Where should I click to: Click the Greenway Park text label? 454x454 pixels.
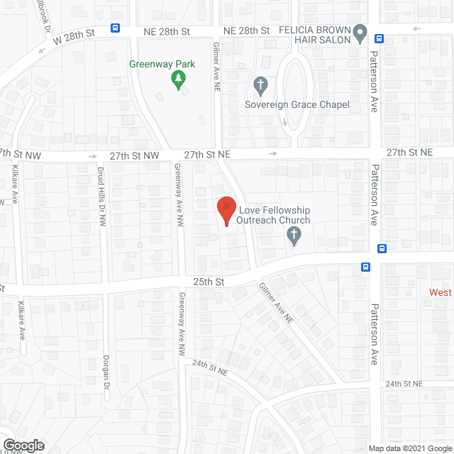[x=162, y=64]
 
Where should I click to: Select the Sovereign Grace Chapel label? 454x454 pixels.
[x=297, y=105]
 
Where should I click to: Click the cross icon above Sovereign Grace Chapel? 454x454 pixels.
[x=260, y=87]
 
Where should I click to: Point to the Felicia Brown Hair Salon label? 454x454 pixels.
[x=315, y=35]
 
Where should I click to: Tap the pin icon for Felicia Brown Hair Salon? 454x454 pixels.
[x=360, y=33]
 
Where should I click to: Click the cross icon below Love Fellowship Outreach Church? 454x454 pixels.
[x=294, y=238]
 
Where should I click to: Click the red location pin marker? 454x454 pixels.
[x=226, y=211]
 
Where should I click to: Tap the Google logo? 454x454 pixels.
[x=23, y=445]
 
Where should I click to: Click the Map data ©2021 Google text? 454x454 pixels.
[x=410, y=448]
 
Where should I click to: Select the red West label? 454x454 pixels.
[x=441, y=292]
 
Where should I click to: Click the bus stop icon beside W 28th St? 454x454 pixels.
[x=115, y=28]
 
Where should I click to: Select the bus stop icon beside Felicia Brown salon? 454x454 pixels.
[x=380, y=39]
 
